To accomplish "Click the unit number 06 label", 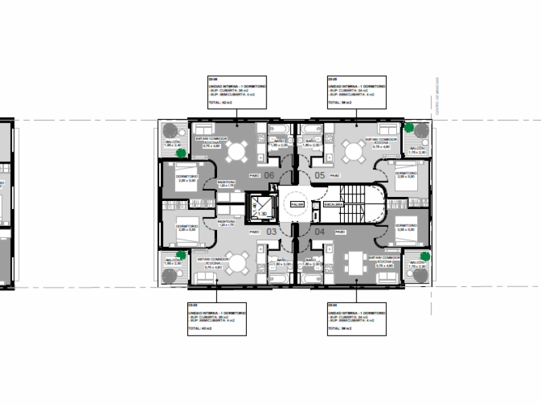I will click(x=268, y=175).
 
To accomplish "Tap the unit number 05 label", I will click(x=320, y=175).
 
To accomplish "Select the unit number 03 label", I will click(x=271, y=231).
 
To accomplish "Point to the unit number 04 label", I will click(x=320, y=231).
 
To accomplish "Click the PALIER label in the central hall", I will click(x=296, y=203).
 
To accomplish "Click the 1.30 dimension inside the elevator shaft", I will click(x=260, y=214).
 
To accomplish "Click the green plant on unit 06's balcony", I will click(x=181, y=153).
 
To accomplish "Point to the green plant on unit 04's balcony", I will click(x=425, y=256).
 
